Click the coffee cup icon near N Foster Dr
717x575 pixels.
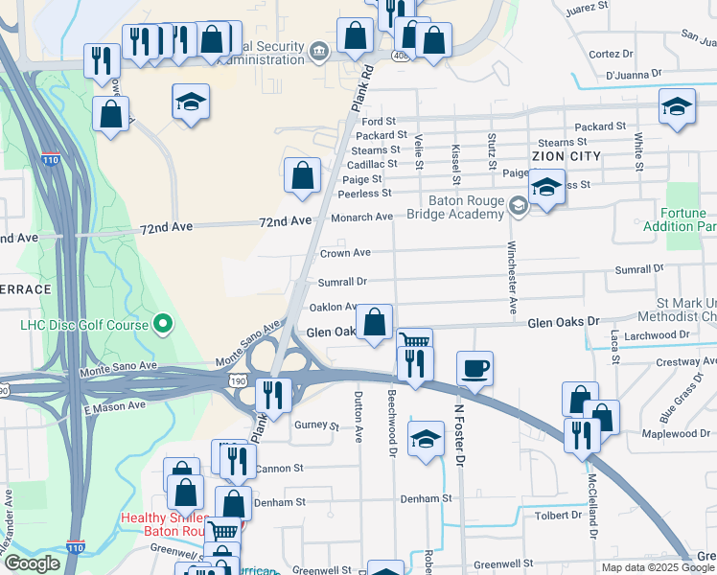474,367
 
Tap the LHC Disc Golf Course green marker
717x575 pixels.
163,325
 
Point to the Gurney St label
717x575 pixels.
317,425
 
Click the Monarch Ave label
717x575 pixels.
362,218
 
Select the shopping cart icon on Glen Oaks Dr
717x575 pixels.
414,342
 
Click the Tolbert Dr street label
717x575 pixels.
558,515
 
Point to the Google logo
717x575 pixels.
32,563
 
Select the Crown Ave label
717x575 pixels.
345,253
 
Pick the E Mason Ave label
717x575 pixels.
114,407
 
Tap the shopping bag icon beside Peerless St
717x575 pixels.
303,175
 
